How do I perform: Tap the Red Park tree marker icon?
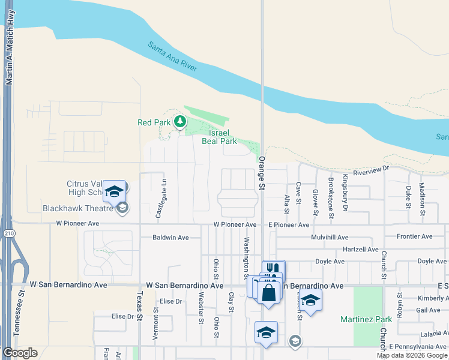point(179,122)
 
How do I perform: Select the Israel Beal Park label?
point(222,137)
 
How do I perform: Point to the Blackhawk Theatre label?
point(78,209)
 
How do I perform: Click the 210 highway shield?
point(6,235)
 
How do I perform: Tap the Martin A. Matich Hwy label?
point(9,54)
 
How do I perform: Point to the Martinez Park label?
point(366,319)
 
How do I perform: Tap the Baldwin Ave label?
point(170,238)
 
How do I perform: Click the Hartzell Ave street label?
point(360,249)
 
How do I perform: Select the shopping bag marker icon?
point(268,293)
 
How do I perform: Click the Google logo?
point(20,353)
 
